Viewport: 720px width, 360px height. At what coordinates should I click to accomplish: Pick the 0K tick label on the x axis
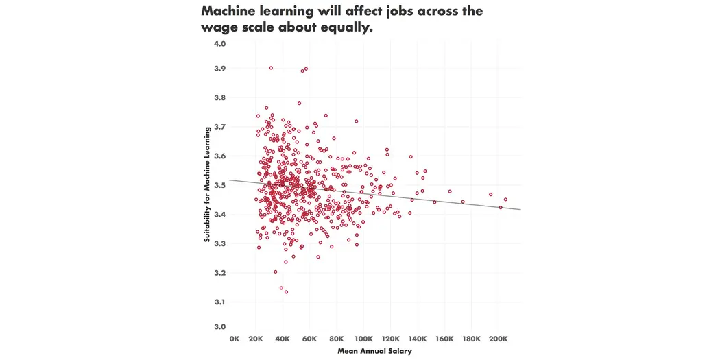tap(235, 339)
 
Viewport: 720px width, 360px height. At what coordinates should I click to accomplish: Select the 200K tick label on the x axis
tap(498, 339)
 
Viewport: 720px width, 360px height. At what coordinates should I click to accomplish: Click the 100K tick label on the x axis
tap(363, 339)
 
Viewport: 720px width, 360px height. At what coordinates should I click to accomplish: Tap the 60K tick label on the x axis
tap(309, 339)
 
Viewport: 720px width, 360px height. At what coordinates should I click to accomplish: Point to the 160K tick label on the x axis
tap(444, 339)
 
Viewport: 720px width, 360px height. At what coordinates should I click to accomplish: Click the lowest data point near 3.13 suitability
tap(286, 292)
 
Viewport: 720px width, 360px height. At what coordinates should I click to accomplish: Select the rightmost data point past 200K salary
tap(505, 200)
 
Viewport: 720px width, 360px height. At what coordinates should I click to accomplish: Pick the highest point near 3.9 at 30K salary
tap(271, 68)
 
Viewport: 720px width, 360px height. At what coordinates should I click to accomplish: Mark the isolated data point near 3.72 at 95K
tap(357, 121)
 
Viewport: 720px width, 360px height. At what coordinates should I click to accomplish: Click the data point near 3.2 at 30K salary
tap(276, 272)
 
